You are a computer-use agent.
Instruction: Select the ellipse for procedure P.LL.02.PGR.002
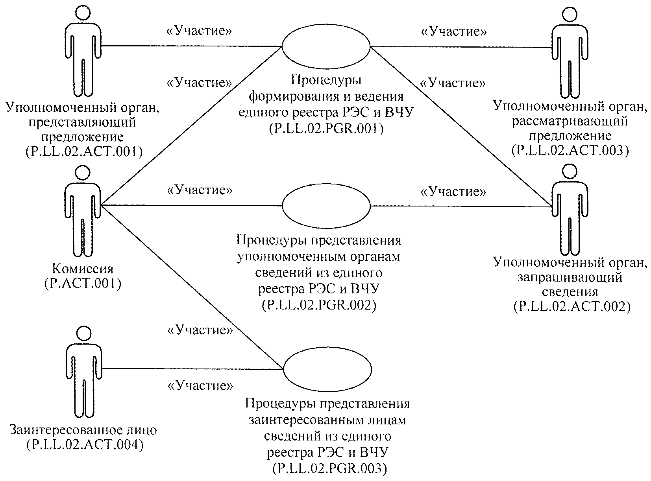326,206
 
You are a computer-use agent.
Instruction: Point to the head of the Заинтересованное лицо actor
83,333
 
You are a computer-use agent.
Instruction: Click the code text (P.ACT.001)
83,283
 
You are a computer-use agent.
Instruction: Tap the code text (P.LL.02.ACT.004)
84,445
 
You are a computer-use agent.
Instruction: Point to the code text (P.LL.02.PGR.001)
326,128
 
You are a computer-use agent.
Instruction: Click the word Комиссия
83,269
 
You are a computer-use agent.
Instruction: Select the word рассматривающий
570,121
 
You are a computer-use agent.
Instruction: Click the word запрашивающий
570,277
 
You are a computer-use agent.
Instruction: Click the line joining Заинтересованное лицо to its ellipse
193,369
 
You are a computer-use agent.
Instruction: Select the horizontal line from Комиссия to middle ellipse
193,205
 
